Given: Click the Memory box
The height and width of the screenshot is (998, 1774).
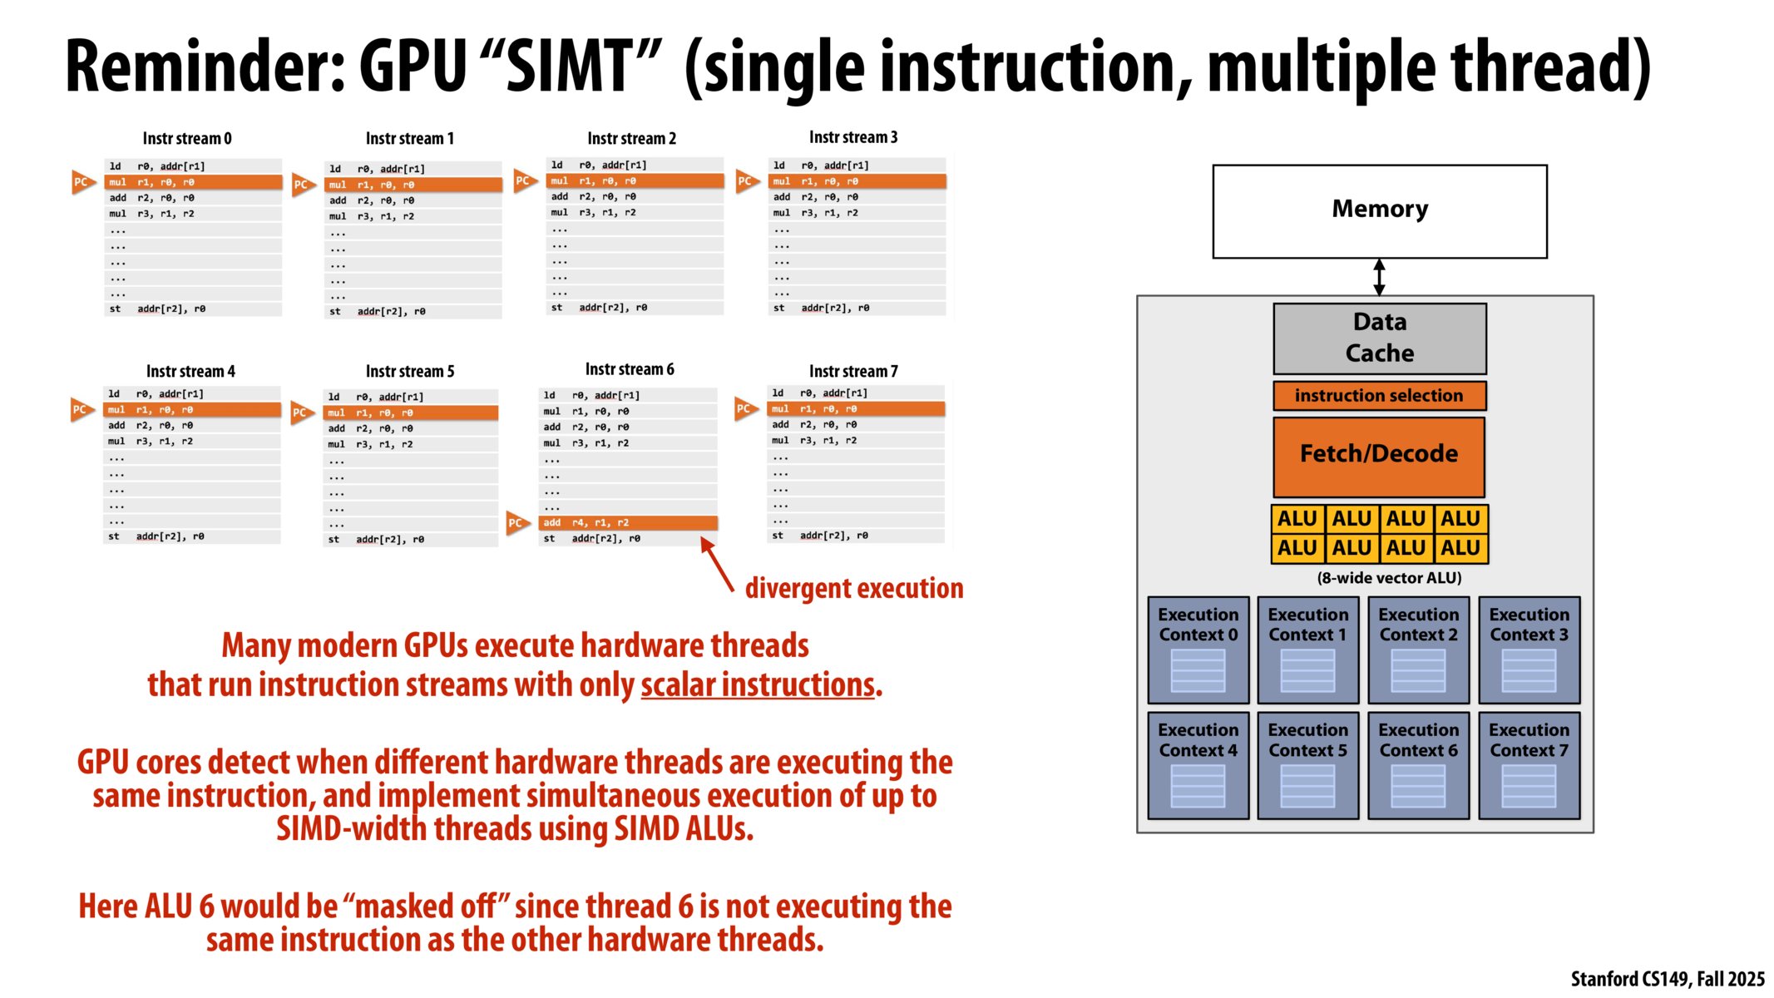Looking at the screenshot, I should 1379,210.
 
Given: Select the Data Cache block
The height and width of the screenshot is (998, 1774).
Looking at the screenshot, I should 1379,338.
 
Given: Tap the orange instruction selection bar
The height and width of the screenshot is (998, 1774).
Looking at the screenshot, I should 1379,396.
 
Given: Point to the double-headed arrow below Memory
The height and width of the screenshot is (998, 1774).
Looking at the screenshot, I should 1379,277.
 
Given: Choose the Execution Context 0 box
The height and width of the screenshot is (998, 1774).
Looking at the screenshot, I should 1198,650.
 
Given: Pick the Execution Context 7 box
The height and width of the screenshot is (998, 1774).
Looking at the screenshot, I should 1529,765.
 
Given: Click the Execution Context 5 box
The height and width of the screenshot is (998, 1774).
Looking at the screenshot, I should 1307,765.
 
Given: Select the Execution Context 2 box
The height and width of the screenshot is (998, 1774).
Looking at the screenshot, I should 1418,650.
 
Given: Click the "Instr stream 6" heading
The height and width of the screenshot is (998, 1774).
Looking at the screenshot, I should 630,369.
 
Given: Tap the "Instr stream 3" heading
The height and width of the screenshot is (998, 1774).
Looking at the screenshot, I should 853,137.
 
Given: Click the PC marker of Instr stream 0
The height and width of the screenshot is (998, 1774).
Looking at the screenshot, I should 82,182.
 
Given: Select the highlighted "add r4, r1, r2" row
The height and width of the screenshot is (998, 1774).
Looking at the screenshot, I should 629,523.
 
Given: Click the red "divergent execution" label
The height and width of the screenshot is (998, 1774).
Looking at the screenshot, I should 854,588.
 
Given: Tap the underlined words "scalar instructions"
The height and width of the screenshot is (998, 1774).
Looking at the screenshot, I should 758,685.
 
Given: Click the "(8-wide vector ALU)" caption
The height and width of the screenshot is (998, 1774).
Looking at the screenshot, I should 1389,578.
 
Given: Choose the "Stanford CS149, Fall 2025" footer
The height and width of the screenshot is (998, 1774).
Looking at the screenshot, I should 1667,979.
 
